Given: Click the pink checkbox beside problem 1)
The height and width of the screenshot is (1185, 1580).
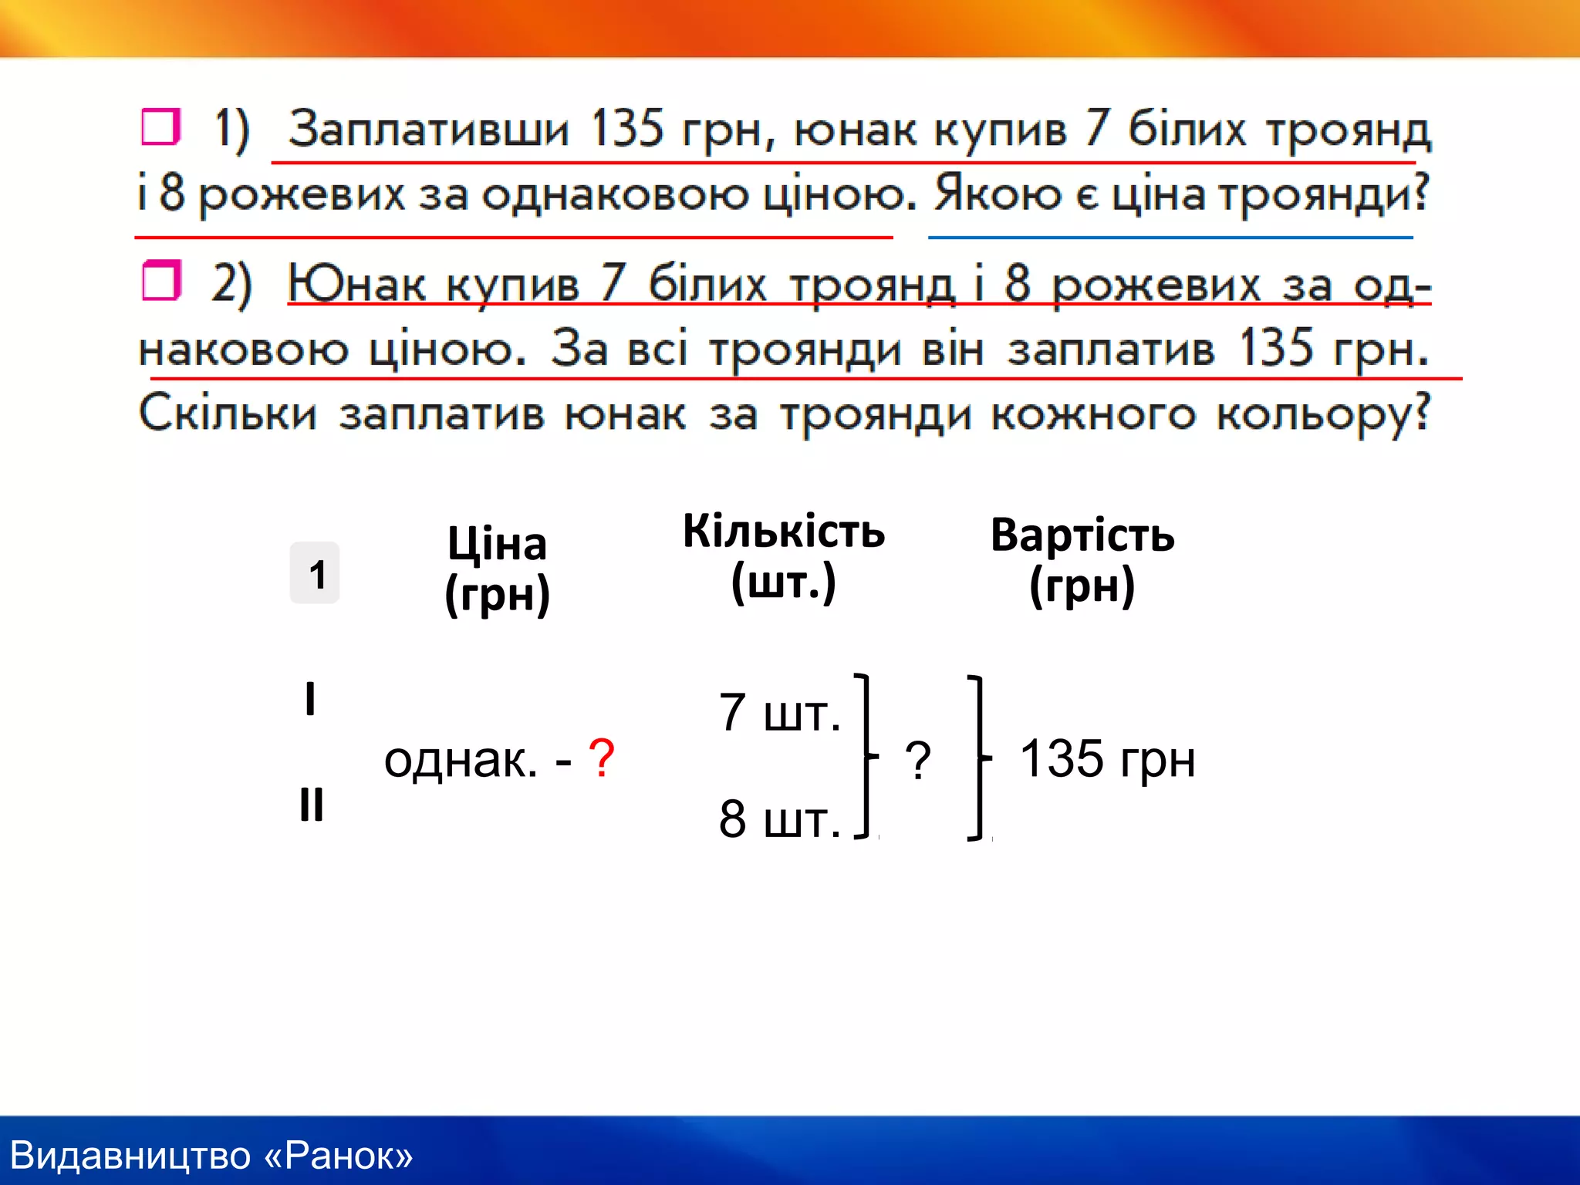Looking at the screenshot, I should pos(160,127).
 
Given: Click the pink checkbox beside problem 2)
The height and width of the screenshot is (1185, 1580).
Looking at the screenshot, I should pos(160,281).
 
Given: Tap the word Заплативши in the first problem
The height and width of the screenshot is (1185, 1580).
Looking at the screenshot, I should pos(428,129).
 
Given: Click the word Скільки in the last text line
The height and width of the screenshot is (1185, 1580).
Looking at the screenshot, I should pos(228,414).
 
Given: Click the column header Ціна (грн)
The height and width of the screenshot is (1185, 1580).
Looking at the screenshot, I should pos(498,569).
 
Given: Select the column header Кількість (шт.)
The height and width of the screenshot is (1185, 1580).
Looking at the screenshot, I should pos(784,557).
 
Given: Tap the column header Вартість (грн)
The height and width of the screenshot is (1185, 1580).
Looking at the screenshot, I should pos(1082,561).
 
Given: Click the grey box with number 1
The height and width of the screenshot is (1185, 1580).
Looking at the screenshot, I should pos(315,573).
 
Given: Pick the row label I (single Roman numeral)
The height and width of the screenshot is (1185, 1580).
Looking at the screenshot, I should pos(310,699).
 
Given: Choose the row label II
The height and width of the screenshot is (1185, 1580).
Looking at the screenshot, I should pos(311,805).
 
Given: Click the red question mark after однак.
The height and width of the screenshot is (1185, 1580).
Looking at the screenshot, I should pos(601,758).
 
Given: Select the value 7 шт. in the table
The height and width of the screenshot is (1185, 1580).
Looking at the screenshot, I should pos(779,713).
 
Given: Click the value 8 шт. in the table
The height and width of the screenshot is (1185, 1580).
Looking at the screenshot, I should pos(779,819).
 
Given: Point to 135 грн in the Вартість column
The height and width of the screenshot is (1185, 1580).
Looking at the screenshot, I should pos(1107,759).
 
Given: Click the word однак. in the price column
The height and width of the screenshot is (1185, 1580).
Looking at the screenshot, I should pos(461,761).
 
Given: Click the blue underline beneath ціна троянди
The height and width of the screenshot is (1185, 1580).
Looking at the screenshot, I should pos(1170,238).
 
